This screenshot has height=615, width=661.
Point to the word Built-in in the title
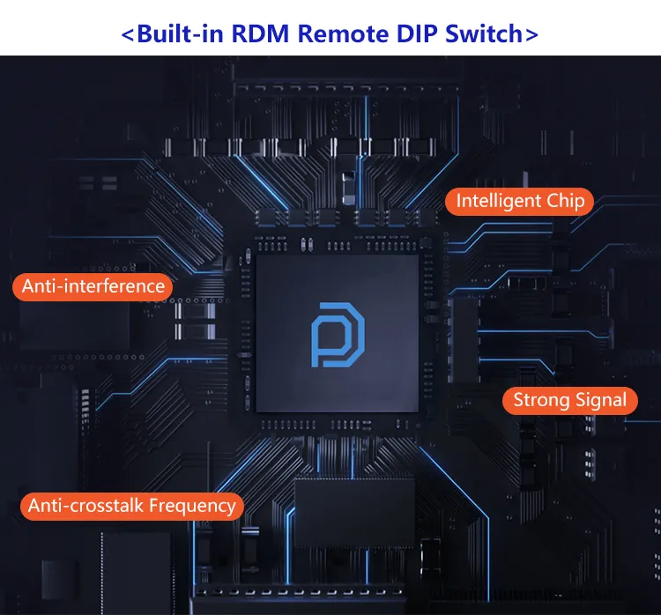point(182,34)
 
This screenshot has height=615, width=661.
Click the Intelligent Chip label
point(520,201)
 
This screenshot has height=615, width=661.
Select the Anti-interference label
point(93,285)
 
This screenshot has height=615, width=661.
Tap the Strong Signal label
point(569,400)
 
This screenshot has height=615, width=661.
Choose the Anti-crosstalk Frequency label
point(132,506)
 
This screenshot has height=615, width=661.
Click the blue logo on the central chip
point(338,335)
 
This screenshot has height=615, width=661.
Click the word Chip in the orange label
point(565,201)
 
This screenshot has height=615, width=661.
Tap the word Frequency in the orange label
point(192,506)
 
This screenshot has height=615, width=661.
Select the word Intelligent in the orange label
point(499,201)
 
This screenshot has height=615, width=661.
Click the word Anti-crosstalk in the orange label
point(86,506)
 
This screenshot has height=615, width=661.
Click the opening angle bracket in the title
point(128,35)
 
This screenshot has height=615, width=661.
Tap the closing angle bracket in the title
point(531,35)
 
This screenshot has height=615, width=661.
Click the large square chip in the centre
point(338,336)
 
